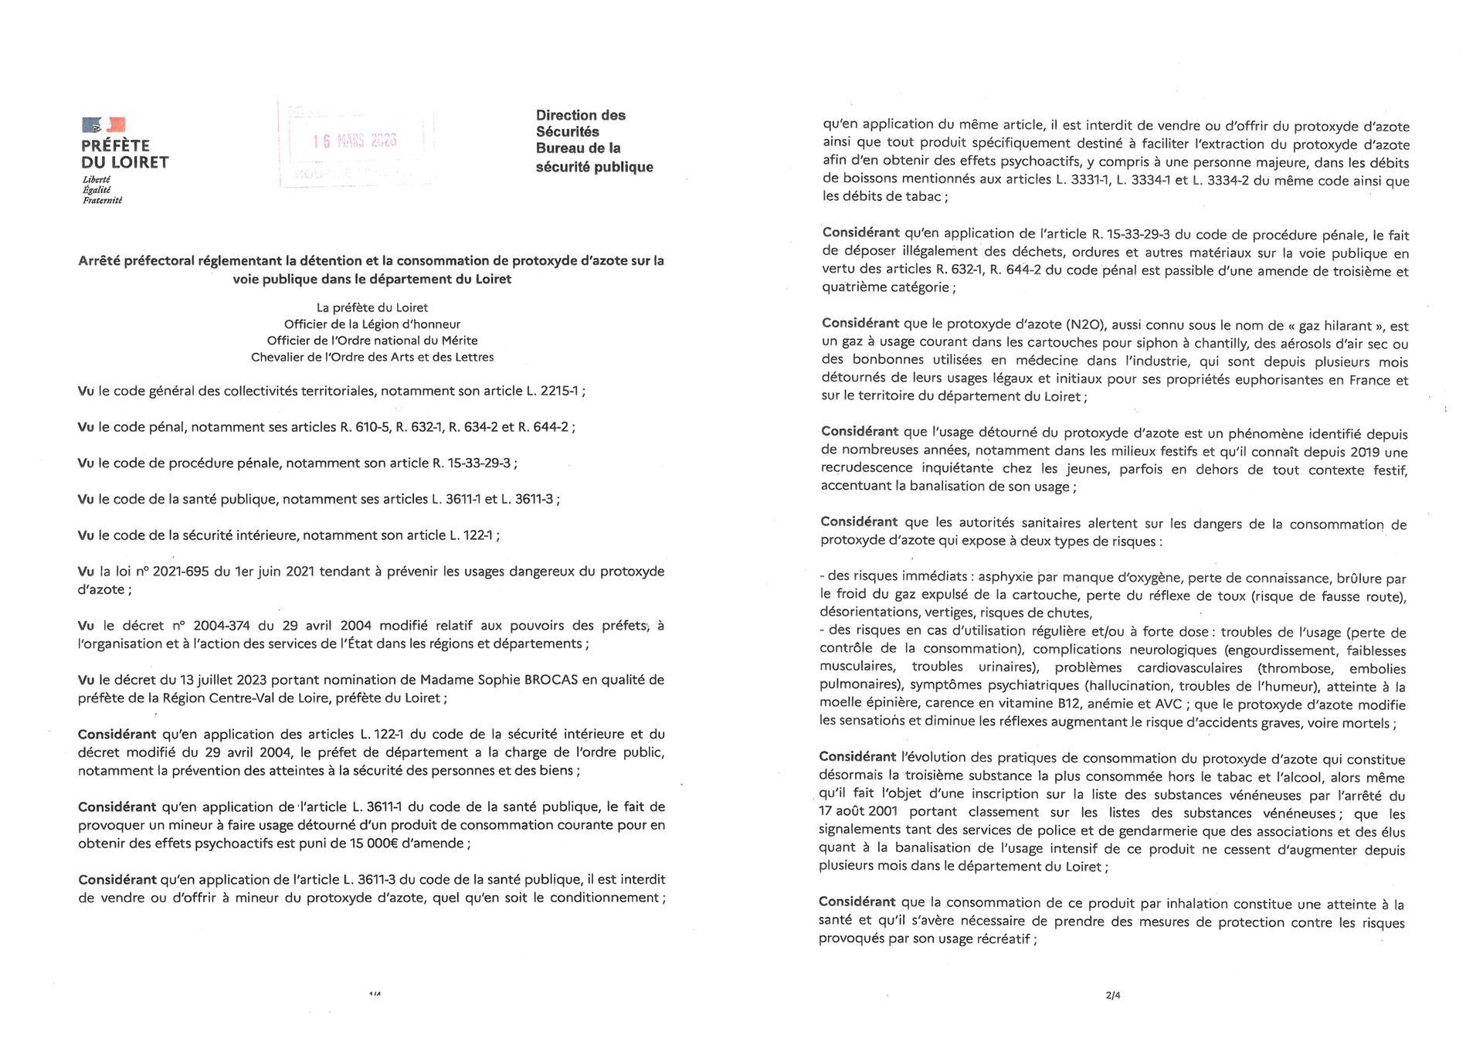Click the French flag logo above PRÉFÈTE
[104, 124]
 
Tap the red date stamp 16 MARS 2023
[355, 141]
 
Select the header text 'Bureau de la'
[578, 148]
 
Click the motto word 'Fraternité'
[102, 201]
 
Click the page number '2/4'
[1112, 995]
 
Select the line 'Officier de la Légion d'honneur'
[372, 324]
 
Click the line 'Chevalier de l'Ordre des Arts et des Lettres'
[372, 357]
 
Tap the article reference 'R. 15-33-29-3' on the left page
[470, 463]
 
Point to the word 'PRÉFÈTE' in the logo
[115, 146]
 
